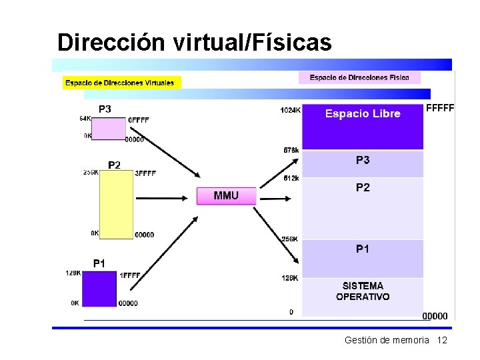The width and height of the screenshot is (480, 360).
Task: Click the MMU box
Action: [225, 196]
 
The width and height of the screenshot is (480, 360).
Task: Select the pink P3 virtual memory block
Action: [108, 129]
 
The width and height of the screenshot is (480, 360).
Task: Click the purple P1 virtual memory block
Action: [99, 288]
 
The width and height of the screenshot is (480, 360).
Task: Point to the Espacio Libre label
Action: [363, 114]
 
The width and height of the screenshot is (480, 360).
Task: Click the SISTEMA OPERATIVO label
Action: [363, 291]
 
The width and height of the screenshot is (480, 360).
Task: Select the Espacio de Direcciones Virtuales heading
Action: [120, 83]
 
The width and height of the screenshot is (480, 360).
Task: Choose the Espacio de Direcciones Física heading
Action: [359, 78]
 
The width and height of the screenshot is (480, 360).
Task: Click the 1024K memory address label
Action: [290, 110]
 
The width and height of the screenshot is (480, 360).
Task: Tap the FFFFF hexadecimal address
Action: [439, 107]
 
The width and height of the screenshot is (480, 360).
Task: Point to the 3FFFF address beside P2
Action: [145, 173]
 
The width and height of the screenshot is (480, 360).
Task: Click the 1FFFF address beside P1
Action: [129, 275]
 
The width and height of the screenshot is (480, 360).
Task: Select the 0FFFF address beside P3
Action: [138, 121]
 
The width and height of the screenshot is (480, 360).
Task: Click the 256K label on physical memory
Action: [289, 239]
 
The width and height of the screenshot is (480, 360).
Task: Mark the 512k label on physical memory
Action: [291, 178]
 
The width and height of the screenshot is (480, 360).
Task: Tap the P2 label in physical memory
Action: [363, 188]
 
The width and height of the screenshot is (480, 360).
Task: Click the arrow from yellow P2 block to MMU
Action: [162, 197]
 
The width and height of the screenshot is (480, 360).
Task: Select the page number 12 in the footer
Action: [441, 341]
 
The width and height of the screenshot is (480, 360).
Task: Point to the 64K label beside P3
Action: [85, 119]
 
